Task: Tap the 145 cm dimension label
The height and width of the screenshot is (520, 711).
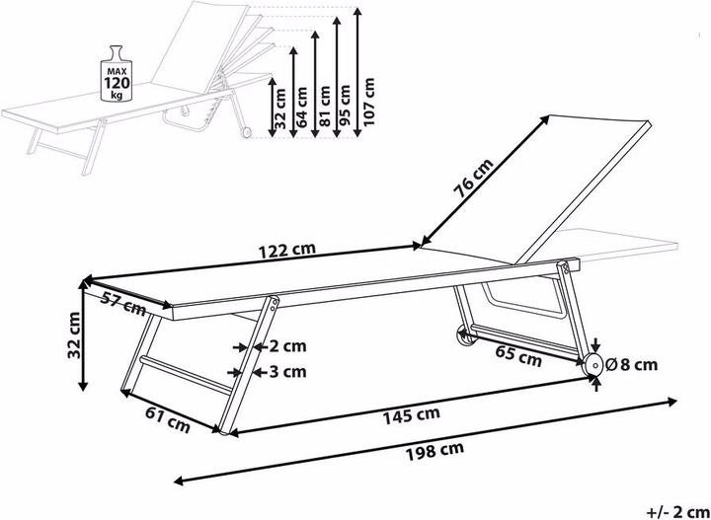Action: tap(411, 415)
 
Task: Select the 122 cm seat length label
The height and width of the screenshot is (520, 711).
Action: tap(286, 251)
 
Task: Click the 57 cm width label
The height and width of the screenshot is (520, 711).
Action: tap(123, 304)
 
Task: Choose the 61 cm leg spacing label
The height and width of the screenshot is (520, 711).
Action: tap(168, 419)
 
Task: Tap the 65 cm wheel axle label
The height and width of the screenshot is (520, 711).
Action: tap(518, 355)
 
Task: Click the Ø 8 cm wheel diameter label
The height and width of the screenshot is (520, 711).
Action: tap(631, 364)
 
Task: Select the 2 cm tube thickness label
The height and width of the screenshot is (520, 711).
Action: tap(287, 346)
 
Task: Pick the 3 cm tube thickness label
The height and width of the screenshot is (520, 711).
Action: tap(287, 372)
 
